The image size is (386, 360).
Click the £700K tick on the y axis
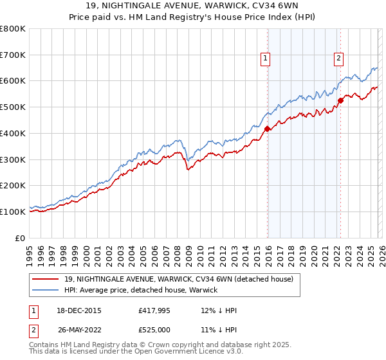coord(13,55)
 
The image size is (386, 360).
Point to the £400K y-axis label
coord(13,134)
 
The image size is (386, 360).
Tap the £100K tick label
coord(13,212)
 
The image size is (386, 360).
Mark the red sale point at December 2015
coord(267,129)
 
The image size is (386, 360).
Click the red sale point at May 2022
coord(340,100)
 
